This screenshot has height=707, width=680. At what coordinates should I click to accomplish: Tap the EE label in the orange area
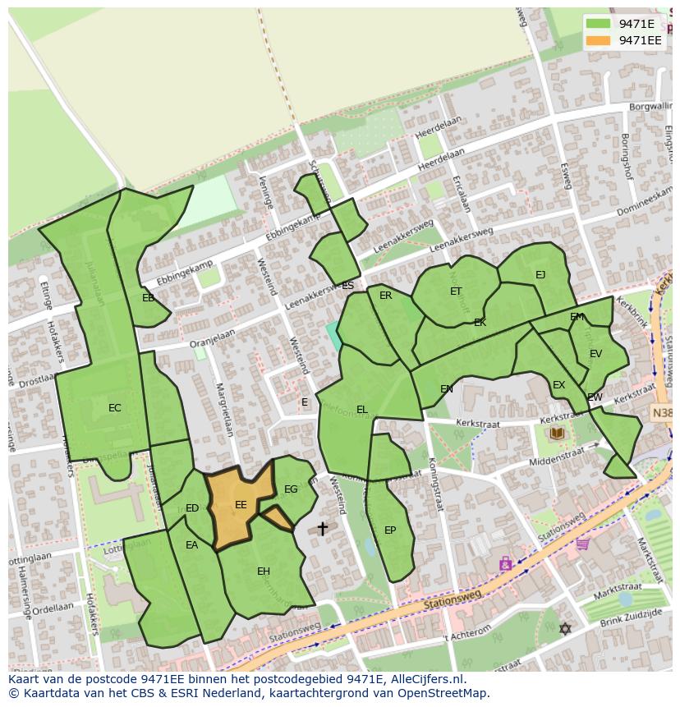241,505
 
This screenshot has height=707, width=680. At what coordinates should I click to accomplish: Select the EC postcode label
115,408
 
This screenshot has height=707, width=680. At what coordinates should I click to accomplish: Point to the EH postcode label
264,572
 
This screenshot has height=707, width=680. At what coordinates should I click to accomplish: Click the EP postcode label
390,530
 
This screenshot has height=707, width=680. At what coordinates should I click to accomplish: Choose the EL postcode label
362,410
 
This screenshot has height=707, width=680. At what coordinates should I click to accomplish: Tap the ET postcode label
456,292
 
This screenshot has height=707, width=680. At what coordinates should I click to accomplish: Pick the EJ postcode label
540,275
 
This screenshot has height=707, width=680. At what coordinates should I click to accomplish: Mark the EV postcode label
595,354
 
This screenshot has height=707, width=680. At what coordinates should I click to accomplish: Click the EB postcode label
148,298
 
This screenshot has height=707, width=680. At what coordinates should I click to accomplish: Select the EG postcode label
291,489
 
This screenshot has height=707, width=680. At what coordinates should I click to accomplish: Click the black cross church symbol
322,528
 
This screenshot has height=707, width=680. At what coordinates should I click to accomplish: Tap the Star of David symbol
564,628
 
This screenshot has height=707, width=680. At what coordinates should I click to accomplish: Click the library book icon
558,433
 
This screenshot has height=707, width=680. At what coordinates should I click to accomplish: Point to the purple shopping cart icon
583,543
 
